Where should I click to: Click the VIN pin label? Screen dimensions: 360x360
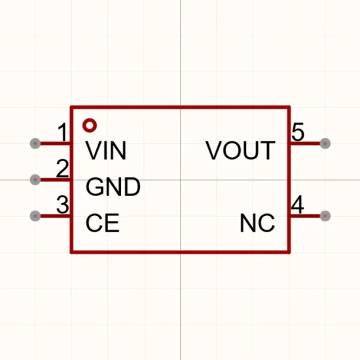(106, 151)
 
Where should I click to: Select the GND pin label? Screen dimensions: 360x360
(113, 187)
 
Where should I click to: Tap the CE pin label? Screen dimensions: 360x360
(102, 223)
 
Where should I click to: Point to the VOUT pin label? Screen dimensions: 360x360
(240, 151)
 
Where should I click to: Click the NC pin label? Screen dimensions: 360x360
(257, 223)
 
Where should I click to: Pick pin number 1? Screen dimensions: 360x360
(62, 132)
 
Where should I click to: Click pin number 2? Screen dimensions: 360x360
(62, 168)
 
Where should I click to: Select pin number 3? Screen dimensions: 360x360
(62, 204)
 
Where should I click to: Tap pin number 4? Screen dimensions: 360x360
(298, 204)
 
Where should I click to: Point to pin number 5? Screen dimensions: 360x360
(298, 132)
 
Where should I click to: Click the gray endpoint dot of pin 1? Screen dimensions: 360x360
(35, 143)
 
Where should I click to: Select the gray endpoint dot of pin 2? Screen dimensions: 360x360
(35, 179)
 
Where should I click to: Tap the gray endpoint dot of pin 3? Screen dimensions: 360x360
(35, 216)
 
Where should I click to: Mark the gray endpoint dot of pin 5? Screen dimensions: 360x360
(325, 143)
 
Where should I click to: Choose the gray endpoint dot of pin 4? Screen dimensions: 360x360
(325, 216)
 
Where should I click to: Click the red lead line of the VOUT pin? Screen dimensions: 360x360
(306, 143)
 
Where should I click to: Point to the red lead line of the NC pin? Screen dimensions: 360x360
(306, 216)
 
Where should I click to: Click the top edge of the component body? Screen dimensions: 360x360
(180, 107)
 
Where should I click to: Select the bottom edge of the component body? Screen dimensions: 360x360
(180, 252)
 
